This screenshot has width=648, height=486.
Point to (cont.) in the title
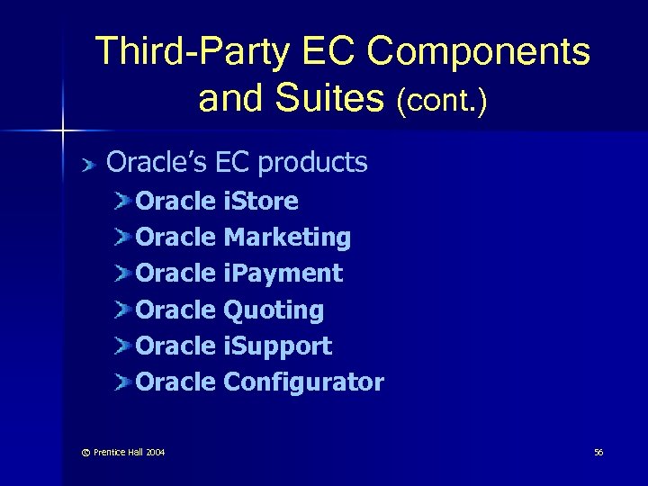point(442,100)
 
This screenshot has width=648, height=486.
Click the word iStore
point(261,201)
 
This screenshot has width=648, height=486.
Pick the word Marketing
point(287,238)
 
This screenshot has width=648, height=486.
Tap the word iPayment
point(283,274)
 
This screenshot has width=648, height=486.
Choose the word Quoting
point(274,310)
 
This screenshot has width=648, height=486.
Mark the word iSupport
point(278,346)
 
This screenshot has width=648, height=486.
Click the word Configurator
point(303,382)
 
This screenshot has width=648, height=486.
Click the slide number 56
point(598,452)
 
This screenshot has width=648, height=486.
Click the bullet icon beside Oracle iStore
point(123,201)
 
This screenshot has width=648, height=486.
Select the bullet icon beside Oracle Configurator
point(123,382)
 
